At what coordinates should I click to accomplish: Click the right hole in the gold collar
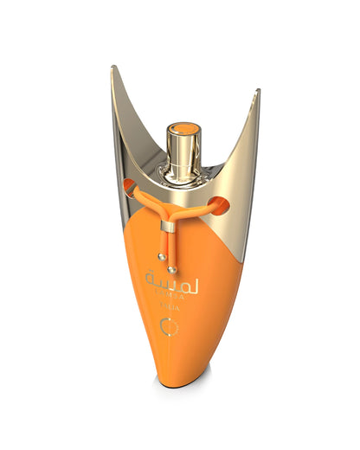pos(220,206)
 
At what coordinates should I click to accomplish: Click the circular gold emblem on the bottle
pos(168,327)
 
